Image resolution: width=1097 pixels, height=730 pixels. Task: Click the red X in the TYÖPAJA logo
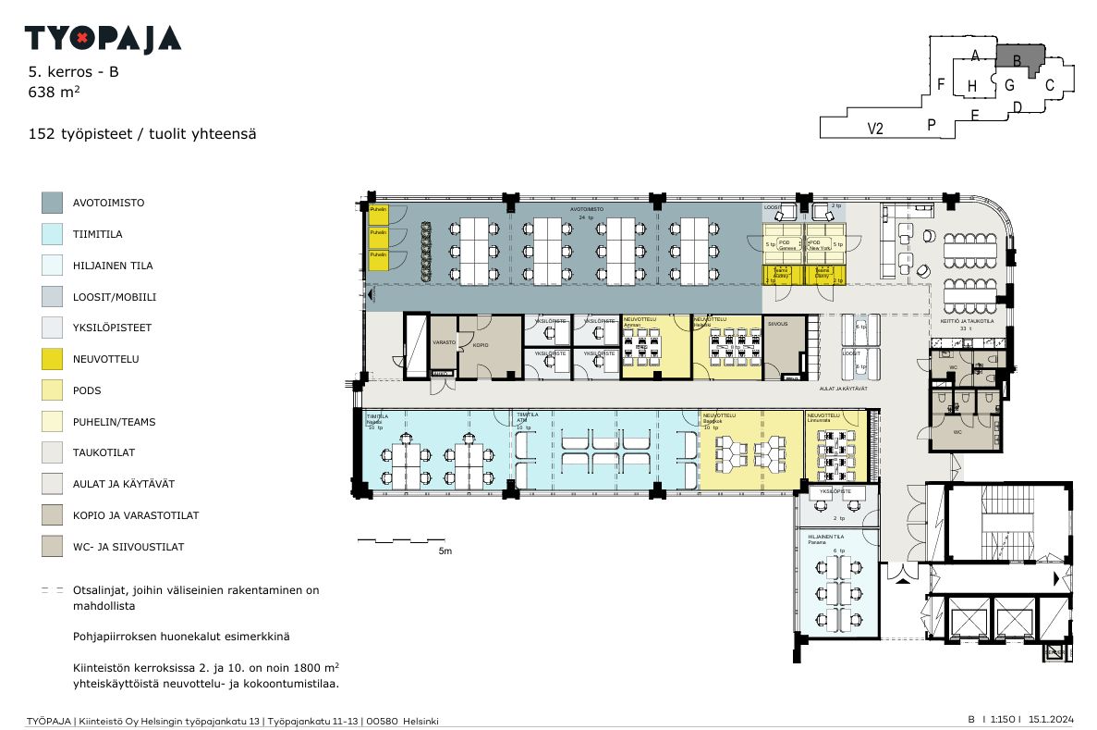(x=82, y=38)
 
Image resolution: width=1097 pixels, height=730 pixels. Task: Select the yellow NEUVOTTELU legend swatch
(x=52, y=359)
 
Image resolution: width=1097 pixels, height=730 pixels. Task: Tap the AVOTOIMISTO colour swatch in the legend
(x=52, y=203)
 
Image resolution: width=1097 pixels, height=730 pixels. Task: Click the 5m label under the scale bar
(x=445, y=551)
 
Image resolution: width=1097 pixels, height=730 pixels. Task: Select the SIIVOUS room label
(x=777, y=324)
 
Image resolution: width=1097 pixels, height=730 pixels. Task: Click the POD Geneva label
(x=786, y=245)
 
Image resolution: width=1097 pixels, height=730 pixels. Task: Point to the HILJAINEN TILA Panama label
(x=826, y=539)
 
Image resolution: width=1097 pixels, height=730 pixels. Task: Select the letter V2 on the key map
(x=875, y=129)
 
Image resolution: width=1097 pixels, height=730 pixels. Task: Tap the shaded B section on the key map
(x=1018, y=58)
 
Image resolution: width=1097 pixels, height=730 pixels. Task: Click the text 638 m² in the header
(x=54, y=92)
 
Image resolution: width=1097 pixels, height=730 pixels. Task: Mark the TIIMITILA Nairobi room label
(x=375, y=419)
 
